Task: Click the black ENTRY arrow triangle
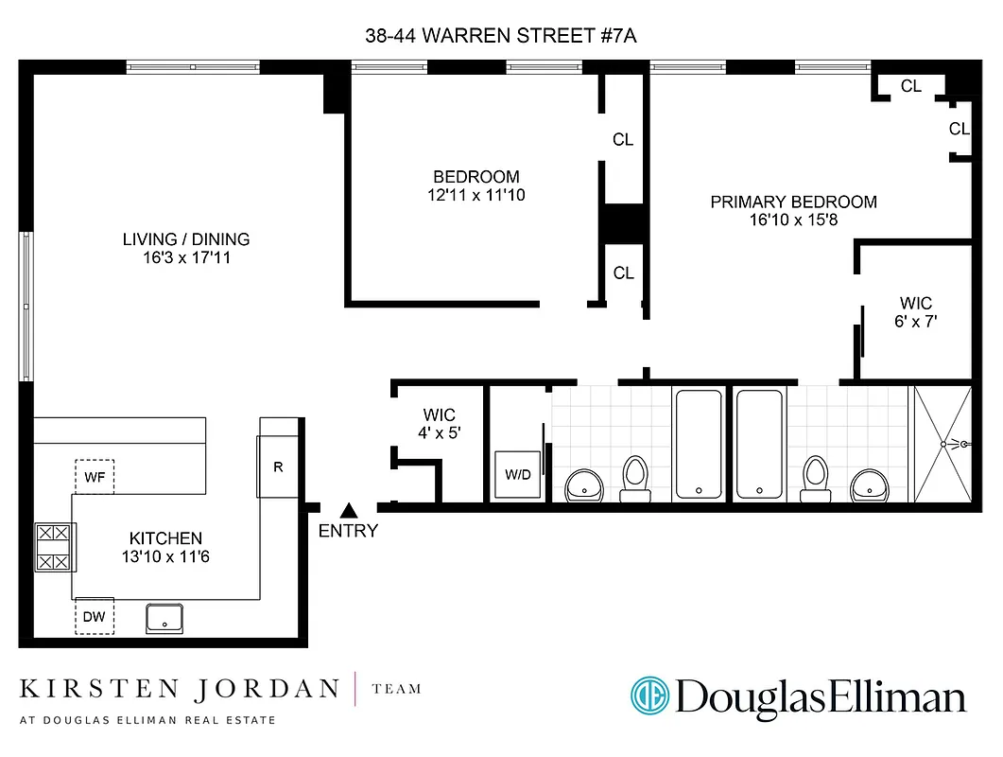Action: click(348, 510)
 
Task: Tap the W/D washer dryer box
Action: click(517, 474)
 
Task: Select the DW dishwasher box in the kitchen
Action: click(95, 617)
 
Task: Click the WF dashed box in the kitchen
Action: click(95, 477)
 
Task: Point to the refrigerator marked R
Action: click(277, 467)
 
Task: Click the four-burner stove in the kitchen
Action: click(54, 548)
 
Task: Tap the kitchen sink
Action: click(165, 618)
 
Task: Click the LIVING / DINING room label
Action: click(186, 248)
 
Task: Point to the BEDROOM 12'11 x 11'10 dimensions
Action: click(476, 196)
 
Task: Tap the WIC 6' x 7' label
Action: click(915, 312)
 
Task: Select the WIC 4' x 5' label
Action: click(439, 424)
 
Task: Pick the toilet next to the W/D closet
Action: click(634, 478)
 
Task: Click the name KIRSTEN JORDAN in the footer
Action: click(179, 688)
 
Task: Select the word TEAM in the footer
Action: click(397, 689)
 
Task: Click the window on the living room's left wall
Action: click(26, 307)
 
